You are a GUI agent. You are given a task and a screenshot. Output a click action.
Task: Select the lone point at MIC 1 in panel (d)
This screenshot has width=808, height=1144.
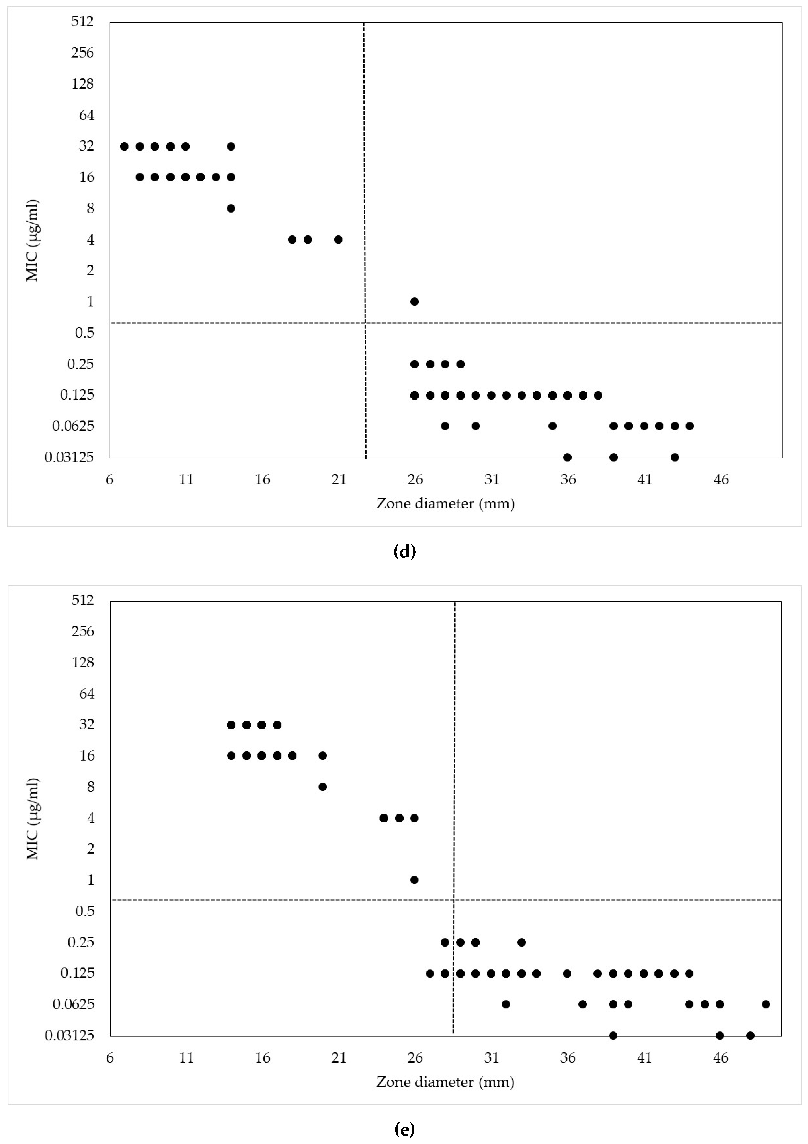pos(414,301)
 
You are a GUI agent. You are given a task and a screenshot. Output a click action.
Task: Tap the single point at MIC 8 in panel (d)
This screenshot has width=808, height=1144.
pos(231,208)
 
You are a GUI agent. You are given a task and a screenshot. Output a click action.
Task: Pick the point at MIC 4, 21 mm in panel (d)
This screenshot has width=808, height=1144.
pos(338,240)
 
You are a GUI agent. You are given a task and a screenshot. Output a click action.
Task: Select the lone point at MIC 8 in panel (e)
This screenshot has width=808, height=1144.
pos(323,787)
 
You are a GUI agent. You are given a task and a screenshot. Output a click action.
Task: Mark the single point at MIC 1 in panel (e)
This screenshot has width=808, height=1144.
pos(414,880)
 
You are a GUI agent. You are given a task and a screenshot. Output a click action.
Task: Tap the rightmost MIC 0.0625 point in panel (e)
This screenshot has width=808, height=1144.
pos(766,1004)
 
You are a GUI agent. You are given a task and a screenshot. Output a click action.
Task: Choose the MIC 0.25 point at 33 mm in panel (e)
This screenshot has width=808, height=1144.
pos(521,942)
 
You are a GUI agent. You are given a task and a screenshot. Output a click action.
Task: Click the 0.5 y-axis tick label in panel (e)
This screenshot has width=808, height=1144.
pos(85,911)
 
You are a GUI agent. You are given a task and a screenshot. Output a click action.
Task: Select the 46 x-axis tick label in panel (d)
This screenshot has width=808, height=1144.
pos(721,480)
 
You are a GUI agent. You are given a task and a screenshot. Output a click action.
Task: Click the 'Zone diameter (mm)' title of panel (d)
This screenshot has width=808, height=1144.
pos(445,504)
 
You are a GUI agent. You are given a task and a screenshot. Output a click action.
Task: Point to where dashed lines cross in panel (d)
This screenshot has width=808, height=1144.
pos(365,323)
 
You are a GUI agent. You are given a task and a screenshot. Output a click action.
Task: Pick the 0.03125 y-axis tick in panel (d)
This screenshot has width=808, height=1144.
pos(69,457)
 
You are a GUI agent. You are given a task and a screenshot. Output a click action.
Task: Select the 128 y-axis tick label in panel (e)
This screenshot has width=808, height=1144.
pos(83,662)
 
